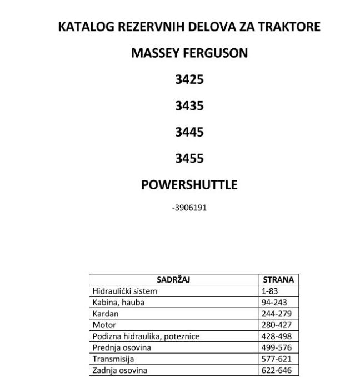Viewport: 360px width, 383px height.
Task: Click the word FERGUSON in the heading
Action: (x=216, y=53)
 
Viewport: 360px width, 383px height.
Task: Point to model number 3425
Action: (x=189, y=80)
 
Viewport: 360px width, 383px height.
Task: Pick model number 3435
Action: (x=189, y=106)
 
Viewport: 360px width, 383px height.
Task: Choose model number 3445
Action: (x=189, y=132)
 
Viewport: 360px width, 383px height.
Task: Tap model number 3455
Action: (x=189, y=159)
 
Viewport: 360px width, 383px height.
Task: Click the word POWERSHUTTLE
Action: (x=189, y=185)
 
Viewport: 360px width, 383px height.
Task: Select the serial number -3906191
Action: (x=189, y=208)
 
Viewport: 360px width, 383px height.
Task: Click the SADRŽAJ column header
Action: (x=173, y=280)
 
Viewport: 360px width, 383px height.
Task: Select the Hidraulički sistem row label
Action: (x=125, y=291)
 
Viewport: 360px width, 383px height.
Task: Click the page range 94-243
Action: (x=274, y=303)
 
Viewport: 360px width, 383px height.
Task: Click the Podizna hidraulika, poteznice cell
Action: (x=146, y=336)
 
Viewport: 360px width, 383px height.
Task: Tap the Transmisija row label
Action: (x=113, y=359)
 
